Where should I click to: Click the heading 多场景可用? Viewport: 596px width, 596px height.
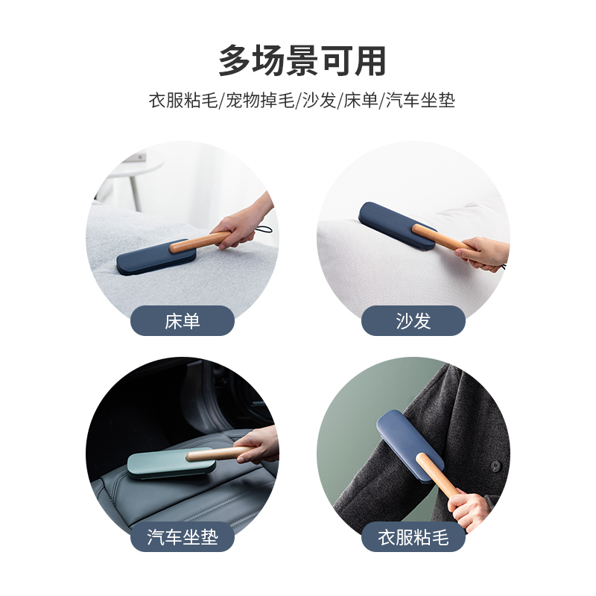(302, 61)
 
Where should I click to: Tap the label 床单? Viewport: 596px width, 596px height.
(183, 321)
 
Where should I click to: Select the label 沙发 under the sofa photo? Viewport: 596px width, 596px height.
(413, 321)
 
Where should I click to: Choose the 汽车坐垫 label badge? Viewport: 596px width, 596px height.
(183, 537)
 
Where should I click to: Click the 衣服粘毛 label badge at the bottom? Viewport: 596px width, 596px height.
(413, 537)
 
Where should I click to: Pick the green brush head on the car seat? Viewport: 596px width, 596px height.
(156, 464)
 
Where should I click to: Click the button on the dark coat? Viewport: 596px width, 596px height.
(495, 466)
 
